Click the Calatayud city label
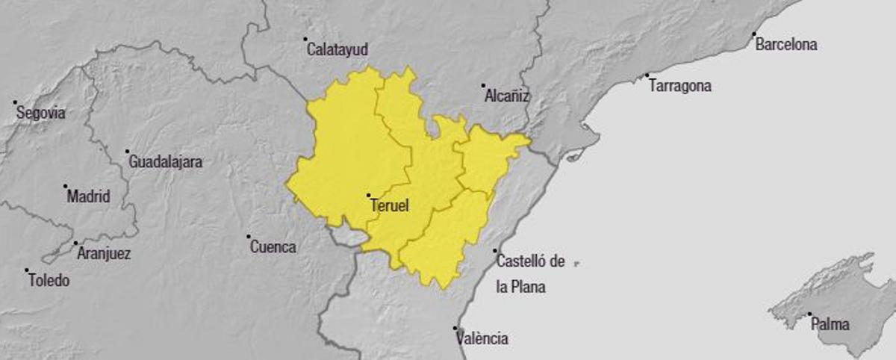pos(337,50)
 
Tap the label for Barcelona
pos(786,45)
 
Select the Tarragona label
pos(680,86)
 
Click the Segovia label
pos(41,114)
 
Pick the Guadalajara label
pos(165,161)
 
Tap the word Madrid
pos(88,197)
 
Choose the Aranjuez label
pos(104,254)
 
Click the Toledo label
pos(49,282)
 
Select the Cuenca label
pos(273,247)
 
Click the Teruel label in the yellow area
pos(390,206)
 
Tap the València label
pos(482,339)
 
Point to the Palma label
pos(830,325)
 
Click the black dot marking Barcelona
pos(754,34)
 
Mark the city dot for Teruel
pos(368,196)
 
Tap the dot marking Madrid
pos(65,187)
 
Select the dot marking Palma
pos(809,314)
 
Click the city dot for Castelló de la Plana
pos(495,252)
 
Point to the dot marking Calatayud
pos(305,40)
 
